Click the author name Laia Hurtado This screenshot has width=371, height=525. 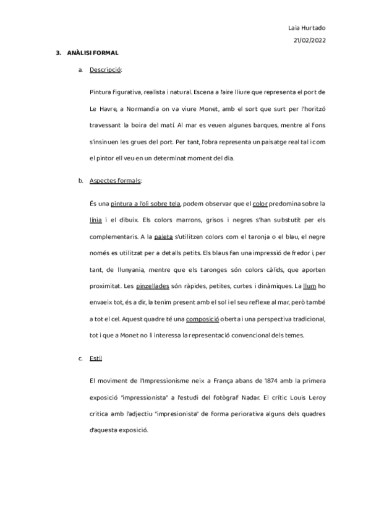(307, 28)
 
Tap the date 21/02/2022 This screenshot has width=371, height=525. (309, 40)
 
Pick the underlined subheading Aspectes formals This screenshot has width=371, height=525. (116, 180)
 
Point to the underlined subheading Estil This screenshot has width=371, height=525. (95, 357)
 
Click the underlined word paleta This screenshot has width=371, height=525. (163, 236)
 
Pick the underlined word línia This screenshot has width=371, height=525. (96, 220)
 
